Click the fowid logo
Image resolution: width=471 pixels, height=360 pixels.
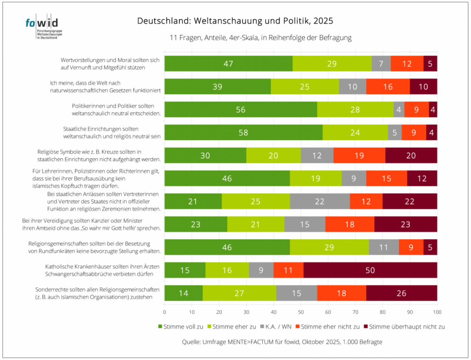tap(44, 26)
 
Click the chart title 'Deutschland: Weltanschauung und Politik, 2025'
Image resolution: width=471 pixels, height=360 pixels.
tap(235, 21)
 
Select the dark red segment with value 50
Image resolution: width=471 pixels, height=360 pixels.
tap(370, 270)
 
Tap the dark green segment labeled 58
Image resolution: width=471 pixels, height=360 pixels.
tap(244, 132)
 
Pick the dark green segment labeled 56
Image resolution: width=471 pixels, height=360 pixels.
tap(241, 109)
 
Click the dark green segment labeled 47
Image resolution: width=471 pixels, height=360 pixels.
tap(229, 63)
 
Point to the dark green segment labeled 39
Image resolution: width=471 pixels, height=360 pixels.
tap(218, 86)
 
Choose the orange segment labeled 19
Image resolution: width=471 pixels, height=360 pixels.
tap(359, 155)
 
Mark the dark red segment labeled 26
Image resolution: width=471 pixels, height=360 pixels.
tap(402, 293)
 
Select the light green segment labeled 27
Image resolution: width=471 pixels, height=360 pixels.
tap(239, 293)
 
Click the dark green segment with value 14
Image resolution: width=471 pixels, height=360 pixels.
tap(184, 293)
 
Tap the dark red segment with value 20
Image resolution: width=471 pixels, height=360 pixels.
tap(411, 155)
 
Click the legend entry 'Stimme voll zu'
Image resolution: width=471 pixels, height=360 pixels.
tap(181, 327)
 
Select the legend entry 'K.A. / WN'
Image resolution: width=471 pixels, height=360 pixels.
tap(276, 327)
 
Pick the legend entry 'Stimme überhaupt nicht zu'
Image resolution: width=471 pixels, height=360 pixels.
tap(404, 327)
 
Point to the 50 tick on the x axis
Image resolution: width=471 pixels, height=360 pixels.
tap(301, 312)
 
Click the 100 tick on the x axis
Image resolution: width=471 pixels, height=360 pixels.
tap(437, 312)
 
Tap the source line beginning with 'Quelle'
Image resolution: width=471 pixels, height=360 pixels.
tap(282, 342)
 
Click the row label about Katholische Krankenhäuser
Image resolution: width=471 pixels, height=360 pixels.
tap(103, 270)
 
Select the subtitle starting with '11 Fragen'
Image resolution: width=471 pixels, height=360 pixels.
tap(260, 38)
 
